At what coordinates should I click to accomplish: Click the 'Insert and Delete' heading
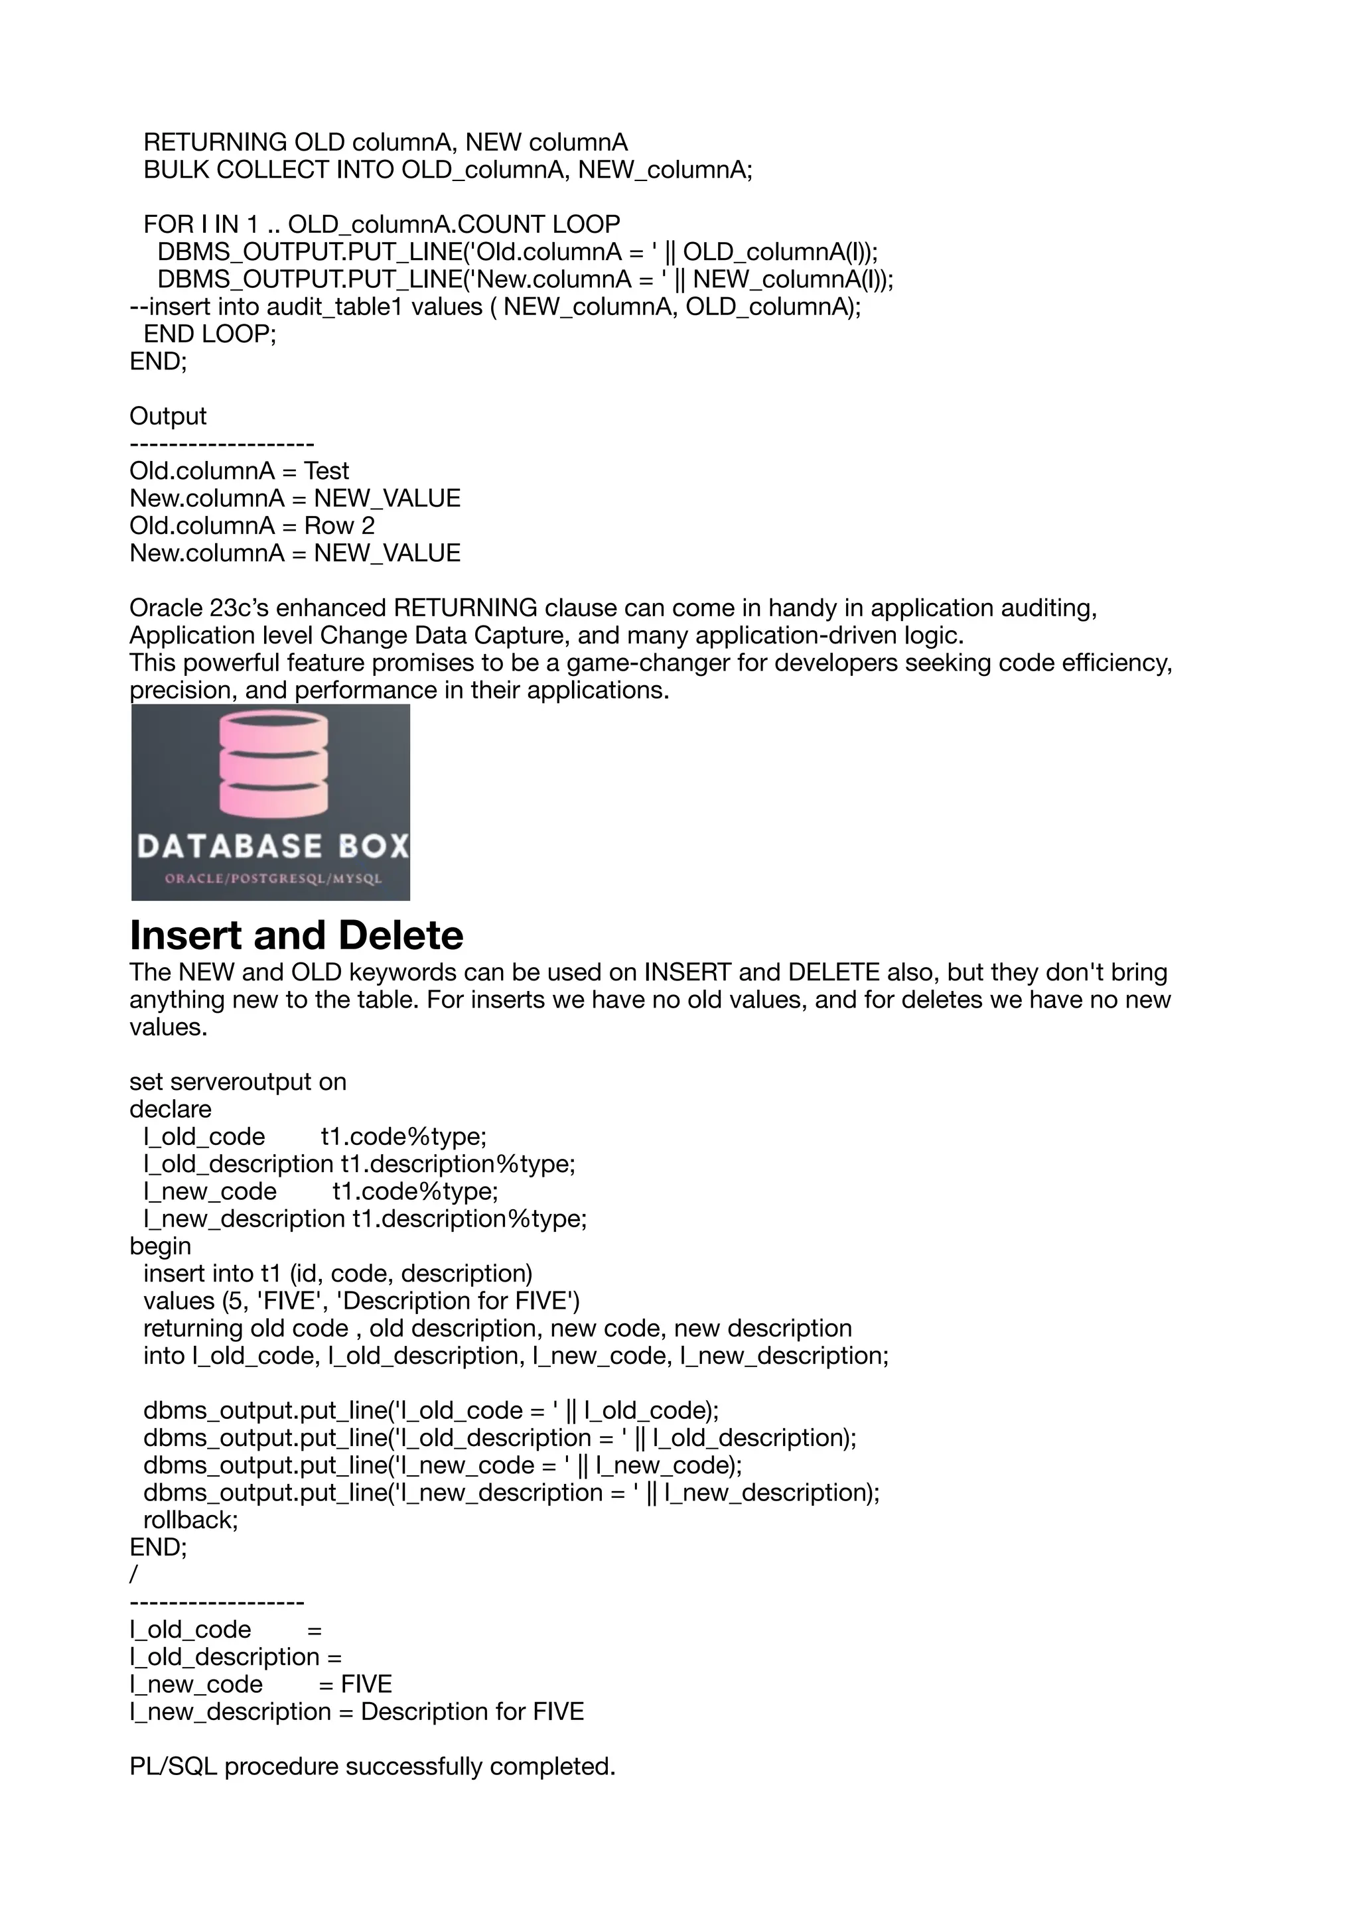(x=296, y=935)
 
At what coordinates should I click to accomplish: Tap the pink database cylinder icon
(x=273, y=762)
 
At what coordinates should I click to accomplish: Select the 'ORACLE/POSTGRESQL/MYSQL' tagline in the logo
(x=273, y=878)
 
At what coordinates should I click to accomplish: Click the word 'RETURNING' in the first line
(x=215, y=143)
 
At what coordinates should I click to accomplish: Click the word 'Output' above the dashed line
(x=167, y=416)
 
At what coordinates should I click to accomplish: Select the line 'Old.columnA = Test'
(x=240, y=471)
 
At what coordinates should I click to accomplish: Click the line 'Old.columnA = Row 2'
(x=252, y=525)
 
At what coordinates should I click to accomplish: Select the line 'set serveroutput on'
(x=238, y=1082)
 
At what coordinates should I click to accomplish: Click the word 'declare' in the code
(x=171, y=1110)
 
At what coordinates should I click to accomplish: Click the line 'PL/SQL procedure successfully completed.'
(x=372, y=1766)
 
